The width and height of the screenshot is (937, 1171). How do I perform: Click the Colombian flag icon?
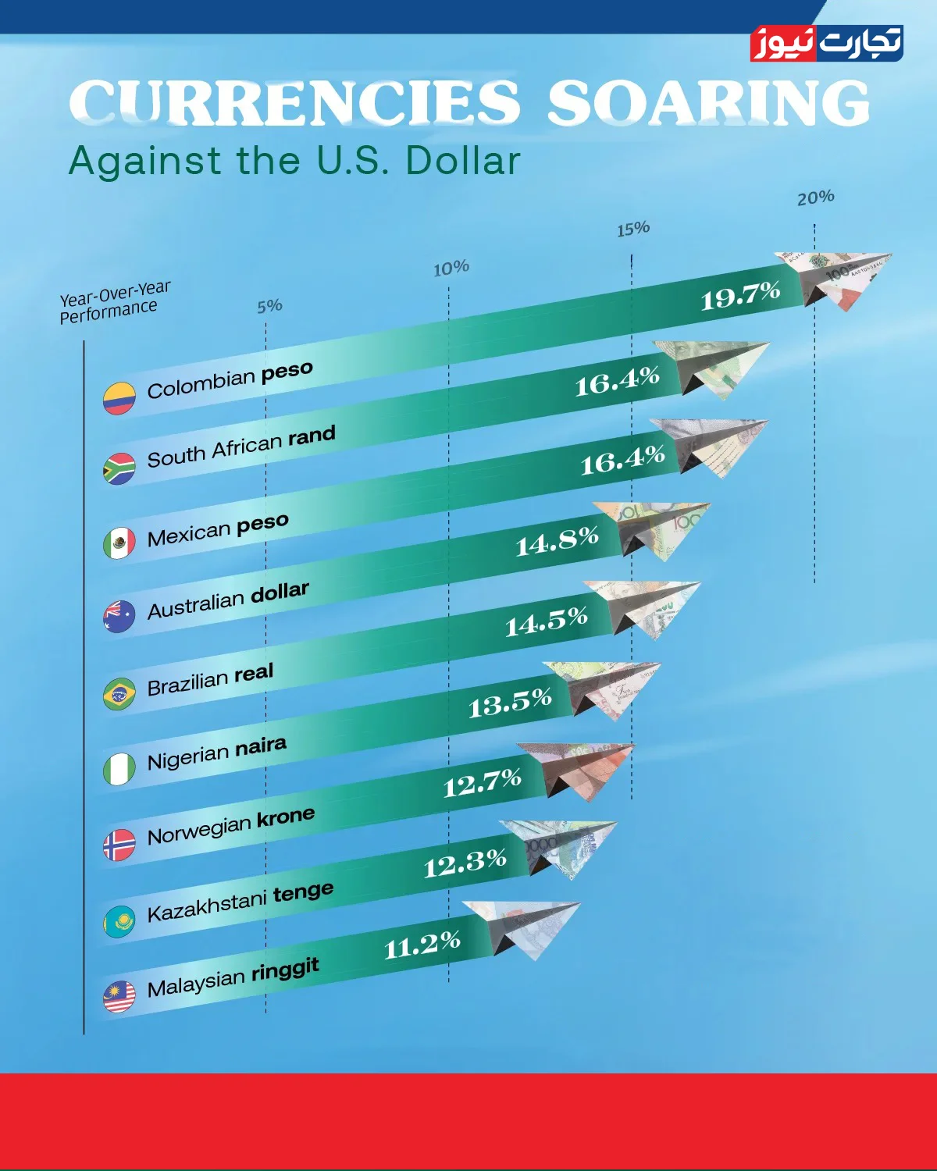tap(119, 398)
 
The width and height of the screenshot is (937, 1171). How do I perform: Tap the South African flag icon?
tap(119, 469)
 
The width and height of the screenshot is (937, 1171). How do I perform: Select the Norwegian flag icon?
tap(119, 845)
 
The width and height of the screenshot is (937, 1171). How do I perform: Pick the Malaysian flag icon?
tap(119, 997)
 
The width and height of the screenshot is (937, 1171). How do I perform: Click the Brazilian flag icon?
tap(119, 694)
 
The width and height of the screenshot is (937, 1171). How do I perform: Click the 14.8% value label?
tap(557, 541)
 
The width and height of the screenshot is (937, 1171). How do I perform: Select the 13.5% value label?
tap(510, 703)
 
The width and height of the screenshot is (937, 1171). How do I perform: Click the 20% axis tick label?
tap(815, 198)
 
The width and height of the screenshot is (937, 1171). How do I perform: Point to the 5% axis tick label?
tap(269, 306)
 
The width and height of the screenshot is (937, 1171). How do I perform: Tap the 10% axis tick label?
tap(451, 269)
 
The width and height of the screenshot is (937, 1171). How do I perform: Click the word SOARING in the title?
tap(707, 104)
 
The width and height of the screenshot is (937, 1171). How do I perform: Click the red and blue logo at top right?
tap(826, 44)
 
